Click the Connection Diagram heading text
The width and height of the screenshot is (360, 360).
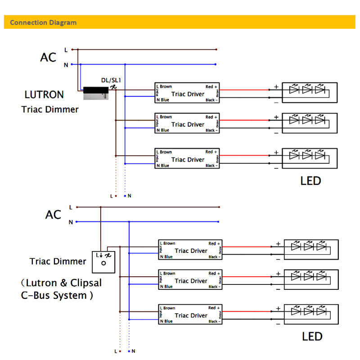click(43, 22)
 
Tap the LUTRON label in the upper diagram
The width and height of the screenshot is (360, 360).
click(44, 95)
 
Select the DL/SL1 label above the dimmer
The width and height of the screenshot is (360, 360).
click(111, 80)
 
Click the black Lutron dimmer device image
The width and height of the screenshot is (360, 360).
click(96, 93)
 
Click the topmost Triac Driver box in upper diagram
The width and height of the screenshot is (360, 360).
click(187, 93)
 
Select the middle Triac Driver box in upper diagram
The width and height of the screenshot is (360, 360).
click(187, 124)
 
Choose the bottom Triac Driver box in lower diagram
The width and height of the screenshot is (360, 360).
click(191, 315)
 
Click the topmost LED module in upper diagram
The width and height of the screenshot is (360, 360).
click(310, 93)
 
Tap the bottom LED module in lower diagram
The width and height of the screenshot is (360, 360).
click(311, 315)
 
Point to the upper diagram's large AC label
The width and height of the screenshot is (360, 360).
click(48, 58)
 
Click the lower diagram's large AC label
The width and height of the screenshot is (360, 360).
click(53, 215)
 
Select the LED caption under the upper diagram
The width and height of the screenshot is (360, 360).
click(310, 181)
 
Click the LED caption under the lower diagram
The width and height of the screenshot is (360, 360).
click(312, 337)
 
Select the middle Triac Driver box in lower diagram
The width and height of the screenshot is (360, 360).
click(191, 280)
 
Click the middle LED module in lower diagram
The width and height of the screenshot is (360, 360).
click(311, 280)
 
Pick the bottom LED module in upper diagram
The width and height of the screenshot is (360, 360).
click(310, 158)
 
